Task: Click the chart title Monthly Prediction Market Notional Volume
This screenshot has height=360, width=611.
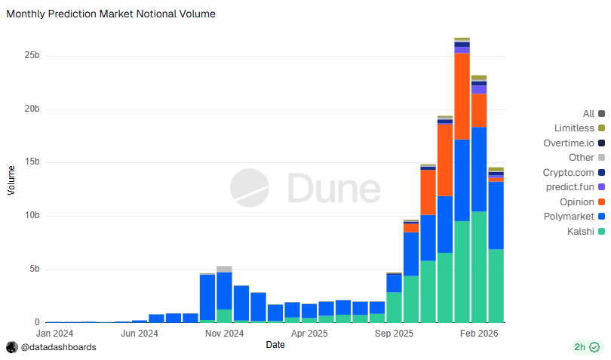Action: pos(111,14)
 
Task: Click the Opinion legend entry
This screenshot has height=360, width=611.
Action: pos(577,202)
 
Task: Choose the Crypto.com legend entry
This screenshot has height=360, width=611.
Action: pos(568,173)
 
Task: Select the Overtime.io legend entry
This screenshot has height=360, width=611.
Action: pos(569,143)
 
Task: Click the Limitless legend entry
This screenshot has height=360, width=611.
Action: pos(574,128)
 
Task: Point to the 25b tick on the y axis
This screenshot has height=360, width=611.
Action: pos(31,56)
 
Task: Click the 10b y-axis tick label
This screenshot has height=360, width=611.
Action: pos(31,216)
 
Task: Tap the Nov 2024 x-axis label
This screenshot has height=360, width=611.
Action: pos(224,332)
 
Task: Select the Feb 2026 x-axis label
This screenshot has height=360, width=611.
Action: pos(478,332)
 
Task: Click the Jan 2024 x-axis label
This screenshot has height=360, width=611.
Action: pos(54,332)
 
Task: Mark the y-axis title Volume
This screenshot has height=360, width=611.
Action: pos(11,180)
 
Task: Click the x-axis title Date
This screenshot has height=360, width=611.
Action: pos(275,344)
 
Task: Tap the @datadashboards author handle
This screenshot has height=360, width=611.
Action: pos(58,347)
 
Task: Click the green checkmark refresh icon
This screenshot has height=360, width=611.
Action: pos(594,347)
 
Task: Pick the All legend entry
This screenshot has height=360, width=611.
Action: pos(588,114)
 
